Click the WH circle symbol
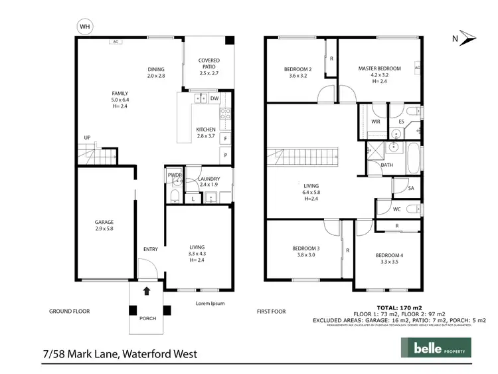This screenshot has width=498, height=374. (84, 27)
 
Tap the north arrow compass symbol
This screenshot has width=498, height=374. (467, 39)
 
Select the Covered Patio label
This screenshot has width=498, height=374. (208, 64)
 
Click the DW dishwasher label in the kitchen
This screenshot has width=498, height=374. (214, 99)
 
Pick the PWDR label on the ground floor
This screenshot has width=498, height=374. (174, 175)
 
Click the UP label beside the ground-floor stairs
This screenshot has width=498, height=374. (87, 138)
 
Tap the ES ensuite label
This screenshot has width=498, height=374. (402, 122)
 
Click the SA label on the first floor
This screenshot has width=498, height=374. (411, 189)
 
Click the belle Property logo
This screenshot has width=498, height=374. (434, 347)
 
